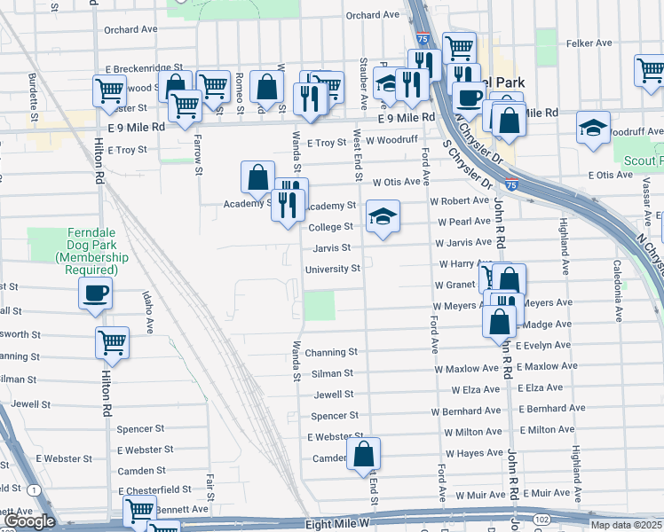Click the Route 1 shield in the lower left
[34, 489]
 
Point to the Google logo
[30, 520]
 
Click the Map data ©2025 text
[625, 525]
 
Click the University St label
[332, 269]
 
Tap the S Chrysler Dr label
[471, 156]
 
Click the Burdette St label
[33, 98]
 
